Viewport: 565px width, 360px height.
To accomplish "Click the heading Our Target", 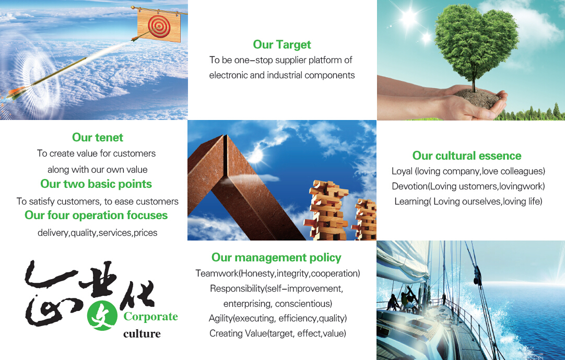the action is point(282,45).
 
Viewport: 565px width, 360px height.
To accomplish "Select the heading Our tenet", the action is point(97,138).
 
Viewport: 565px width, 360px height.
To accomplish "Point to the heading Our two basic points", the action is point(96,184).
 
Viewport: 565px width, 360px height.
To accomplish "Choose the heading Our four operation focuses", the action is point(96,215).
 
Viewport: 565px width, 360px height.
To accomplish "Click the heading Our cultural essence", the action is point(467,156).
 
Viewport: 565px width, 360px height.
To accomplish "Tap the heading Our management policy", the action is point(276,258).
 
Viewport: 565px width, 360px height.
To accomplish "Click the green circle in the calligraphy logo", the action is point(102,316).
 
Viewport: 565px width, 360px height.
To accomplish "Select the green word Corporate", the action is point(150,317).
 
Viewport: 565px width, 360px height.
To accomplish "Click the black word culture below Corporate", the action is point(142,334).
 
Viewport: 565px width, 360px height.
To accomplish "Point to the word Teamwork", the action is point(217,273).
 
